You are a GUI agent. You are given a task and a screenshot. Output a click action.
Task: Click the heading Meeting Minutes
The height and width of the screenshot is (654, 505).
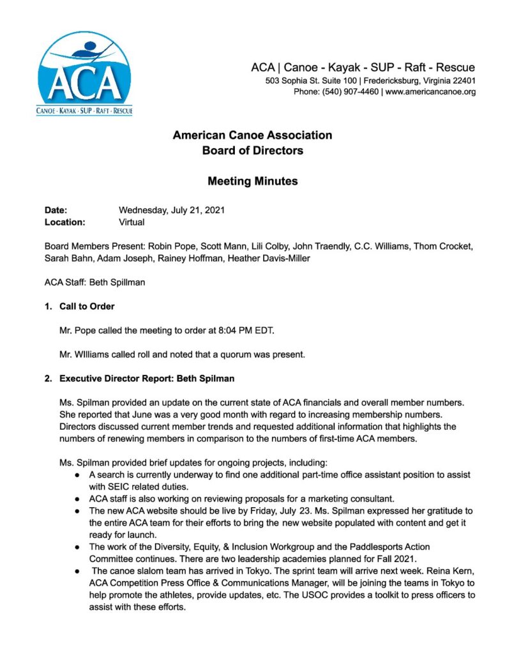tap(252, 181)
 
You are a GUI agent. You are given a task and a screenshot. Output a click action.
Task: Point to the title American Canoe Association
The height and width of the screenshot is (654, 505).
tap(252, 135)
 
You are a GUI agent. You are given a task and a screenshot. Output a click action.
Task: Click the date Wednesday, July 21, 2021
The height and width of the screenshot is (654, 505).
tap(172, 210)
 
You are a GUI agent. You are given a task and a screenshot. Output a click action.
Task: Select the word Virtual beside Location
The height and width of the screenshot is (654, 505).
tap(132, 222)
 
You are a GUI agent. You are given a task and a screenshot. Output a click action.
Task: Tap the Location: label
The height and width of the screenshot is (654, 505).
tap(64, 222)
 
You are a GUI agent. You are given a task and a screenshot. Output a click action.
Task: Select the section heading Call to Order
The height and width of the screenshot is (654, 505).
tap(87, 307)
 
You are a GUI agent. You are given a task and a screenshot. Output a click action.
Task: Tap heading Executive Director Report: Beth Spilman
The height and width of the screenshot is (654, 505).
tap(147, 379)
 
